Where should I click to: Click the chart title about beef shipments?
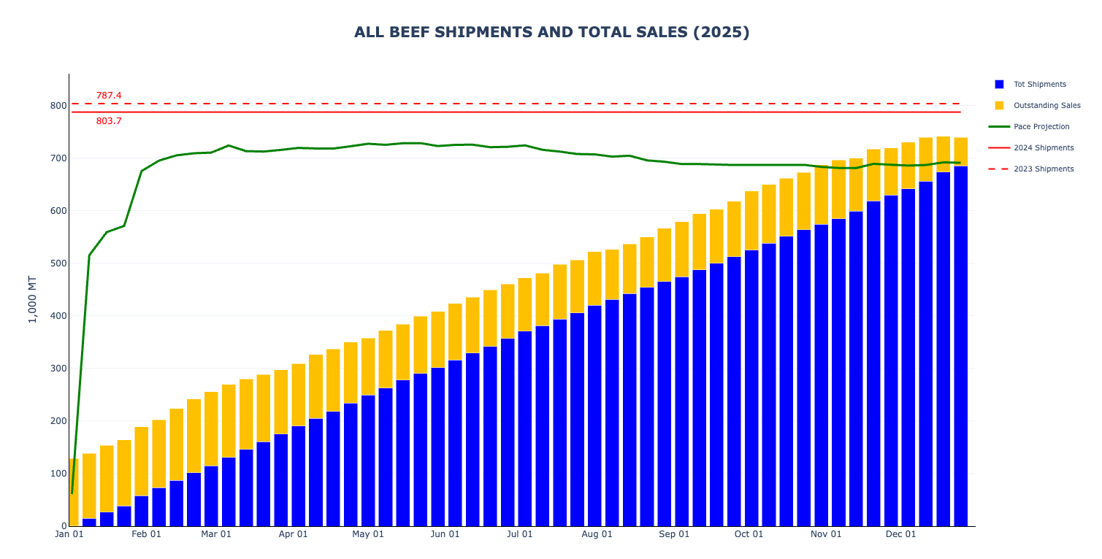pos(551,32)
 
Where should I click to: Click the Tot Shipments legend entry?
pos(1039,85)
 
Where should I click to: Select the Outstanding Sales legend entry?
pos(1046,106)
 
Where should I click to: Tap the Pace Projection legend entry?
pos(1041,127)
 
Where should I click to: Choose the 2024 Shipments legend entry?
pos(1043,148)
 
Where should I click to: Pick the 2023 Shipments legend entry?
pos(1043,169)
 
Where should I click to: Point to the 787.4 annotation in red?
pos(109,96)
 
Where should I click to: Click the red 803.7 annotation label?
pos(109,121)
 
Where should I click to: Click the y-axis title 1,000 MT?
pos(32,299)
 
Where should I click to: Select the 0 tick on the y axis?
pos(64,526)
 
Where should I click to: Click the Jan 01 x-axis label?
pos(69,534)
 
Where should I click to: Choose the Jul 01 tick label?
pos(519,534)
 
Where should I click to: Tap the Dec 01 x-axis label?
pos(900,534)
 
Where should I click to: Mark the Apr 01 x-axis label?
pos(293,534)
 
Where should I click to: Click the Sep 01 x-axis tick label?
pos(674,534)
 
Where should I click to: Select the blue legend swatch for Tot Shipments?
pos(999,85)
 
